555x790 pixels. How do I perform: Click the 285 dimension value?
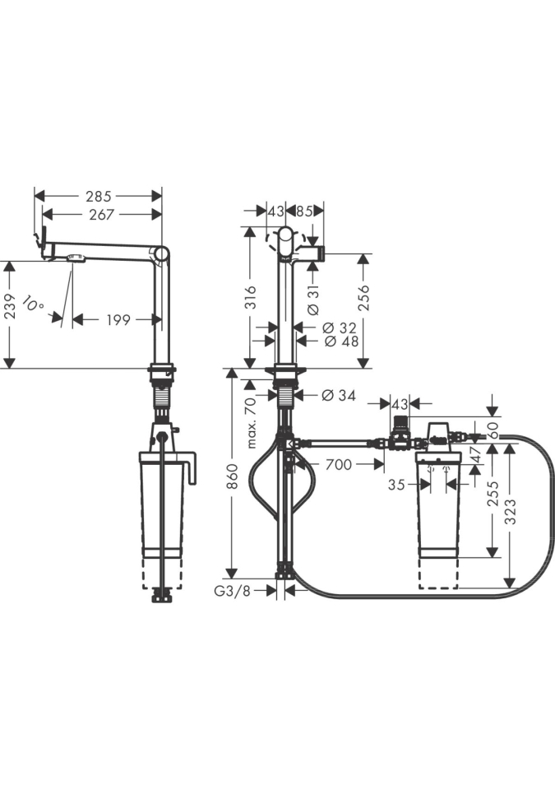click(x=98, y=196)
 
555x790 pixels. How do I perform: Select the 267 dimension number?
click(x=102, y=215)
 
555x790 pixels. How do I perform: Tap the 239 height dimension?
click(x=10, y=307)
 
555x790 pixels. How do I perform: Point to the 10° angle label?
click(x=33, y=303)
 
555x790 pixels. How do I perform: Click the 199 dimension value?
click(x=118, y=319)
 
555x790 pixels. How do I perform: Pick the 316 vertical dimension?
click(x=250, y=297)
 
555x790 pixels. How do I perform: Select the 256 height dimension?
click(x=364, y=297)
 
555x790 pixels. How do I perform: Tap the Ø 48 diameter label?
click(x=341, y=341)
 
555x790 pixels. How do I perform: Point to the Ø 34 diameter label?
click(x=339, y=396)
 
